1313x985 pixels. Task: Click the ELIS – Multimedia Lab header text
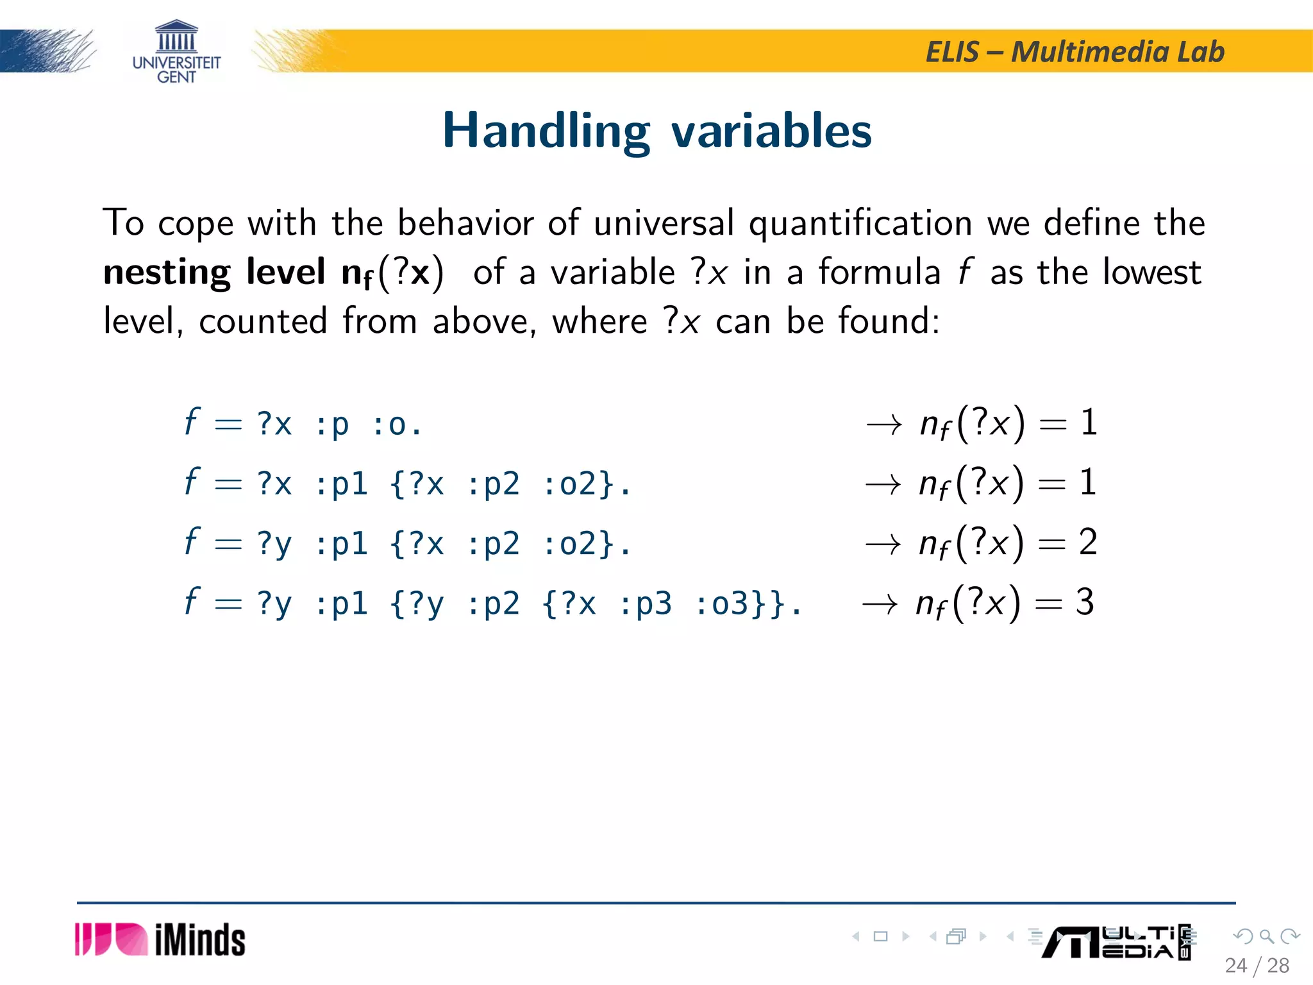1075,52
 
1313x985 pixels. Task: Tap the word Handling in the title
546,131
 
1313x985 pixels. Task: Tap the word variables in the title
771,131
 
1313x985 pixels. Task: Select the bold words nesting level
214,272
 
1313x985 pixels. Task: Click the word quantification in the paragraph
860,223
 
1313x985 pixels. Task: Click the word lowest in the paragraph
1151,272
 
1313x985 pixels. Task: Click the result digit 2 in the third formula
1088,543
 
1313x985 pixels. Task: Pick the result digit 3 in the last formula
1085,602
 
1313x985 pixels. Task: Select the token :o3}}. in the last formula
748,604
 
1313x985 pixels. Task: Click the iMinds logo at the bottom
160,940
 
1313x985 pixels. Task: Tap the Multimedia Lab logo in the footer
1117,942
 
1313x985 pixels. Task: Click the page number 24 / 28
1257,965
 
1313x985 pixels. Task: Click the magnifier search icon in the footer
1266,937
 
